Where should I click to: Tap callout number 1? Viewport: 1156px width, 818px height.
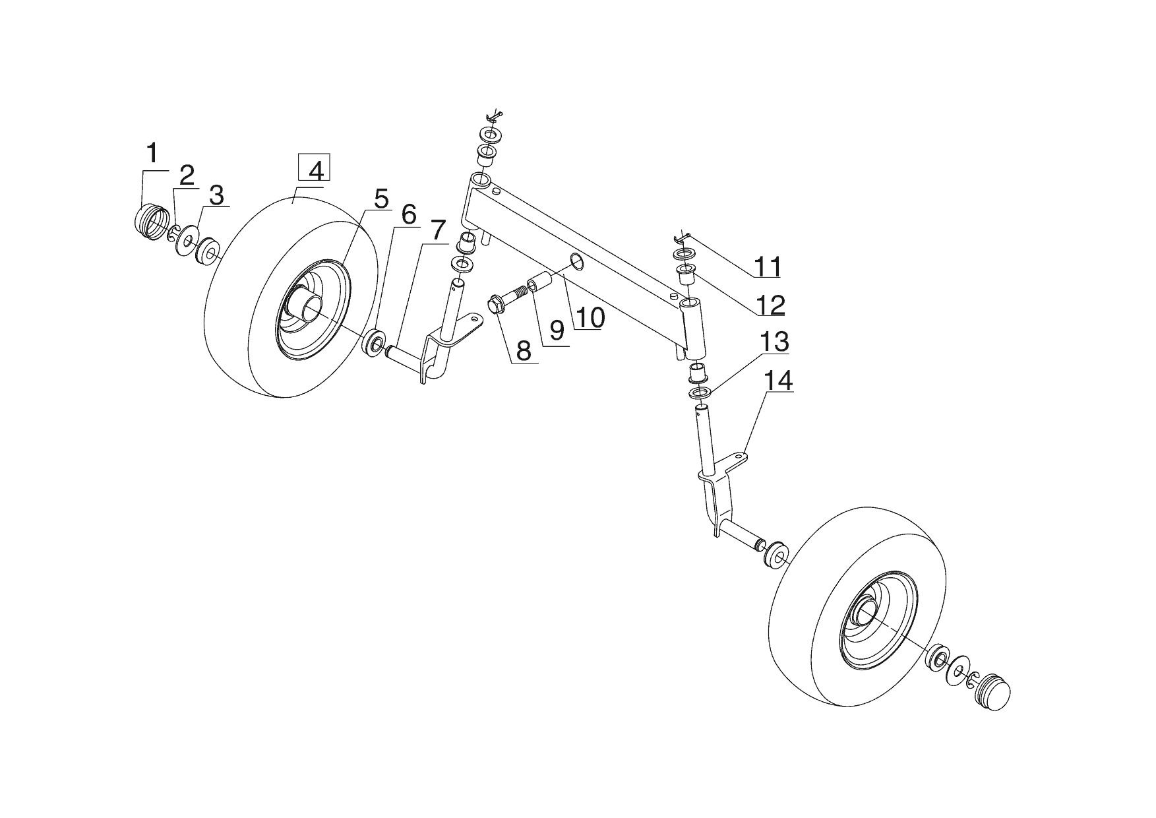click(x=152, y=154)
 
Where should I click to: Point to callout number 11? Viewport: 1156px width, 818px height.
click(x=767, y=267)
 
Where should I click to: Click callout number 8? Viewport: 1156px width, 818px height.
click(x=524, y=351)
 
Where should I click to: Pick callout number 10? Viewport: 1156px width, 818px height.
click(x=589, y=318)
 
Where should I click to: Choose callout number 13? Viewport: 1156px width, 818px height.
click(x=774, y=342)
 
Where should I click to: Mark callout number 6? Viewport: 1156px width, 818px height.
click(x=408, y=214)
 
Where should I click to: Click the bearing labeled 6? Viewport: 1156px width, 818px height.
click(x=376, y=344)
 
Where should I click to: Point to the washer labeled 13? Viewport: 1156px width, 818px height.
click(x=701, y=394)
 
